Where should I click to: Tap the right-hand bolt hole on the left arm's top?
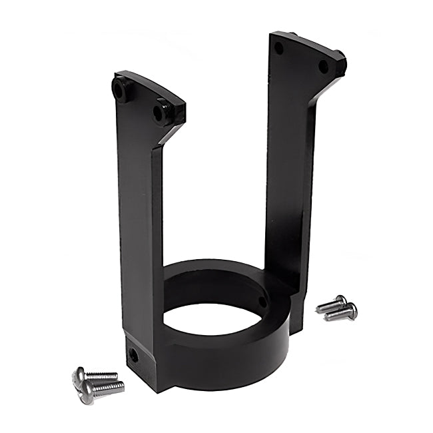(x=160, y=113)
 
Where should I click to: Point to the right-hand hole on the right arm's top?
(x=323, y=67)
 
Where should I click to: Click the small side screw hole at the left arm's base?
(x=133, y=356)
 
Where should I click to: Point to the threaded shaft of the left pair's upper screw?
(x=102, y=376)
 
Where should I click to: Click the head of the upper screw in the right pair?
(x=341, y=300)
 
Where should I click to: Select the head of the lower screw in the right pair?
(x=352, y=310)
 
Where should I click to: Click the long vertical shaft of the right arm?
(x=288, y=173)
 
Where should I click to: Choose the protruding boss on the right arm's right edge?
(x=340, y=64)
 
